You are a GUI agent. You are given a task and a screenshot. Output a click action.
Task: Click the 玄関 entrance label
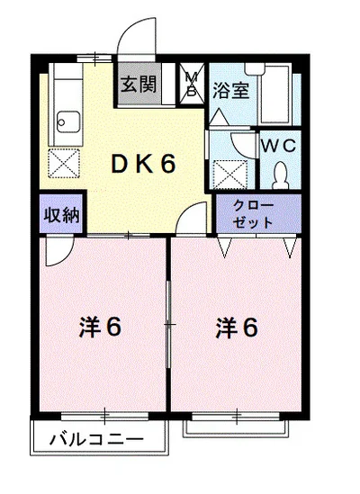[139, 84]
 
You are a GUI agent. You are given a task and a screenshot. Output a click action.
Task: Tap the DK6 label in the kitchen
[143, 164]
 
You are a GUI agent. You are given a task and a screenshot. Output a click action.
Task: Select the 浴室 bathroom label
[231, 90]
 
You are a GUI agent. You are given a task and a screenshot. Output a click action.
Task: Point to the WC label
[279, 146]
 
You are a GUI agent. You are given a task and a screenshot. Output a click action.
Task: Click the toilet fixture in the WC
[280, 175]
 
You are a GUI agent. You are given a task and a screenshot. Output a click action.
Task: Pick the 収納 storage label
[62, 215]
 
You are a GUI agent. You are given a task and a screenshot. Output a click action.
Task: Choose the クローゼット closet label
[253, 214]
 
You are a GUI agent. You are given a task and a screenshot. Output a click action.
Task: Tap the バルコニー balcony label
[96, 439]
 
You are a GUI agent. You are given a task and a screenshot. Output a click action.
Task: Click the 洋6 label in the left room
[100, 328]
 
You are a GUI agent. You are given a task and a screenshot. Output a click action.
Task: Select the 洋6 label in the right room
[237, 328]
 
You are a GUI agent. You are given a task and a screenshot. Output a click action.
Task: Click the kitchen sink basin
[68, 121]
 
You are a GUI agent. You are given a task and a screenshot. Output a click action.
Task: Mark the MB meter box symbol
[192, 84]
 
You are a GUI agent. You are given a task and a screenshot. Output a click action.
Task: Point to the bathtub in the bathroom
[274, 94]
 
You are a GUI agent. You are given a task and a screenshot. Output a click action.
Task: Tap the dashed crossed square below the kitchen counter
[64, 163]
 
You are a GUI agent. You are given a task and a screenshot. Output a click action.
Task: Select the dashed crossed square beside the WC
[230, 175]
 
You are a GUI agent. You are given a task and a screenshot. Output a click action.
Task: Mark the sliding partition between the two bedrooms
[168, 325]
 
